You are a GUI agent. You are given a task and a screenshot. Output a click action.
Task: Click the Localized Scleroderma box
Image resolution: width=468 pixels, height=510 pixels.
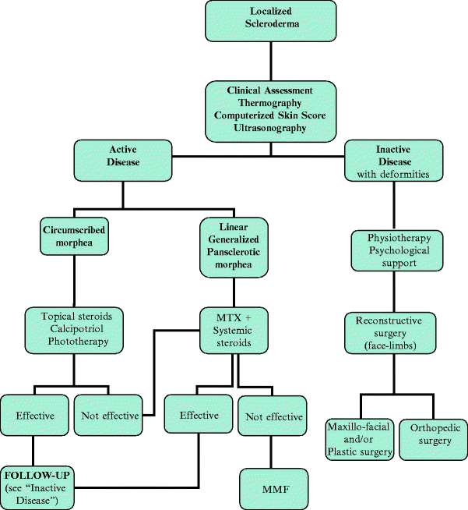(271, 21)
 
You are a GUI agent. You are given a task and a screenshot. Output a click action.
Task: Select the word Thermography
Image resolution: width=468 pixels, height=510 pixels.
(271, 103)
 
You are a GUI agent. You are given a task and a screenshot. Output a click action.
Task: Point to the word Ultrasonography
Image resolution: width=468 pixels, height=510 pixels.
(271, 128)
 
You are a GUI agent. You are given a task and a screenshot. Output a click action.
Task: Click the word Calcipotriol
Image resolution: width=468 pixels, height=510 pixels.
(74, 329)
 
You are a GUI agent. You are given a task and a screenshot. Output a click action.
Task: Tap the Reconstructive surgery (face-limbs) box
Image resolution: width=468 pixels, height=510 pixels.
(388, 333)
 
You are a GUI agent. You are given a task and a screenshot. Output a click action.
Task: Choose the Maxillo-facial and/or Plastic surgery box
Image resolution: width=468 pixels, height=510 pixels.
(359, 441)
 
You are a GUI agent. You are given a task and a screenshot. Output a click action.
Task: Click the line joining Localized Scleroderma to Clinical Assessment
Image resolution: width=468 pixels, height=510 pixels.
(271, 61)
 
